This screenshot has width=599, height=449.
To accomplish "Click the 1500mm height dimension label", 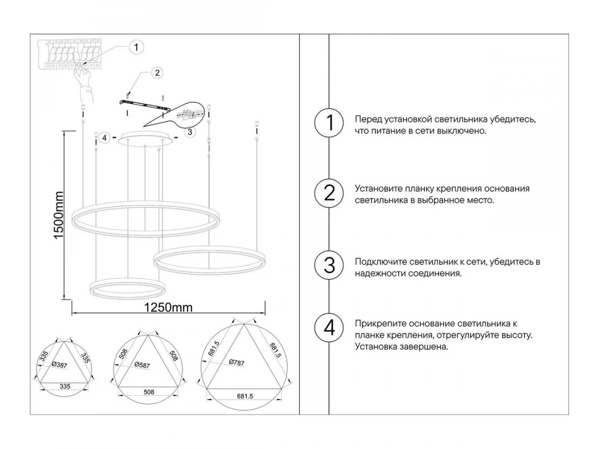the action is point(59,216).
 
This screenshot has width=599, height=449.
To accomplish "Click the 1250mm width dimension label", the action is point(168,308).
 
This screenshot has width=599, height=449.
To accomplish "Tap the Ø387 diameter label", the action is point(59,365).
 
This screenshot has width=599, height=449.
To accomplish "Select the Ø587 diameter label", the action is point(142,365).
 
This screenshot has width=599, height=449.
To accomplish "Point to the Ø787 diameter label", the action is point(237,363).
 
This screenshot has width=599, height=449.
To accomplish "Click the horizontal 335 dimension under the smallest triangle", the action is point(65,386).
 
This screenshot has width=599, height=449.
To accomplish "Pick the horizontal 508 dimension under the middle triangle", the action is point(149,392).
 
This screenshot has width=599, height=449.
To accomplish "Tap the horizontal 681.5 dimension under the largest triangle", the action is point(245,396).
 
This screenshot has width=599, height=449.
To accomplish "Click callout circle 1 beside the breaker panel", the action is point(136,47).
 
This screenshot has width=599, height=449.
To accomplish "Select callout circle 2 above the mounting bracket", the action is point(157,73).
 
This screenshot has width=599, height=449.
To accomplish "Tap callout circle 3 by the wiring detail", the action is point(190,132).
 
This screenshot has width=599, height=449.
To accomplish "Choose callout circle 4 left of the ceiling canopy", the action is point(104,138).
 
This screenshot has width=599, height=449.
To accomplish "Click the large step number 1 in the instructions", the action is point(329,123).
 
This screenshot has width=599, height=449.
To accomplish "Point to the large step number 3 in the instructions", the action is point(329,265).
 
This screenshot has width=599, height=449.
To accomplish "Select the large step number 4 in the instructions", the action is point(329,328).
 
